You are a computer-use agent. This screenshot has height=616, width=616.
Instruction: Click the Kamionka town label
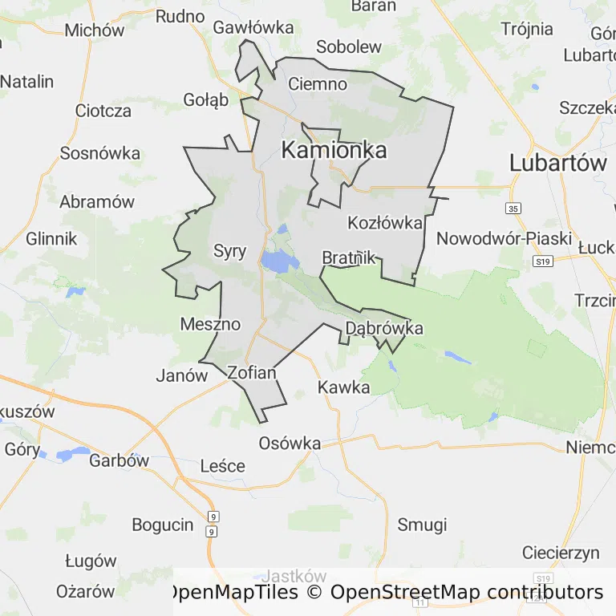(334, 150)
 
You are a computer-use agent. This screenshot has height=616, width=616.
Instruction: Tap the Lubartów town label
(558, 163)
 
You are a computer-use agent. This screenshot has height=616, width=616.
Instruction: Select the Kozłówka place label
(384, 222)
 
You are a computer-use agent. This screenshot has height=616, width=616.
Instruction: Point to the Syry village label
(229, 250)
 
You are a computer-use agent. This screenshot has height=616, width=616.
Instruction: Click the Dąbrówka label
(383, 328)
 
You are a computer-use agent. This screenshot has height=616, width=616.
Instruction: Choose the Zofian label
(252, 372)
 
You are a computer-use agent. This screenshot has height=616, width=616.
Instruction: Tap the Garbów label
(119, 460)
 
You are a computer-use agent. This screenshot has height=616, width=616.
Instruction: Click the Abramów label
(96, 201)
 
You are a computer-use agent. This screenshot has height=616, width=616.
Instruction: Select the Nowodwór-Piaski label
(504, 238)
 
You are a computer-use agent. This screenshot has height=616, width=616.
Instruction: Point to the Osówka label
(290, 443)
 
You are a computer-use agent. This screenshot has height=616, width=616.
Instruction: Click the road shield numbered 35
(513, 209)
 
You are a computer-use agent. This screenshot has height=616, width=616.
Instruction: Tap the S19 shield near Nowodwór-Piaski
(543, 261)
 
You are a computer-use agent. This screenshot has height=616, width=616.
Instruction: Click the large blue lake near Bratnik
(278, 261)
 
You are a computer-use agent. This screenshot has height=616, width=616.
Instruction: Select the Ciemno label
(318, 83)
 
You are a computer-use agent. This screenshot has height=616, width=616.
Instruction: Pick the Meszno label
(210, 324)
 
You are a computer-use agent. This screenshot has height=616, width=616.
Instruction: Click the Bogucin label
(163, 525)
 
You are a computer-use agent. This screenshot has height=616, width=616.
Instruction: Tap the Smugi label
(422, 525)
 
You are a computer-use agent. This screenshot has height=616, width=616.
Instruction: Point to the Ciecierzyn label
(561, 553)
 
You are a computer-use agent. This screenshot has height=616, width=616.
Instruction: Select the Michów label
(95, 30)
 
